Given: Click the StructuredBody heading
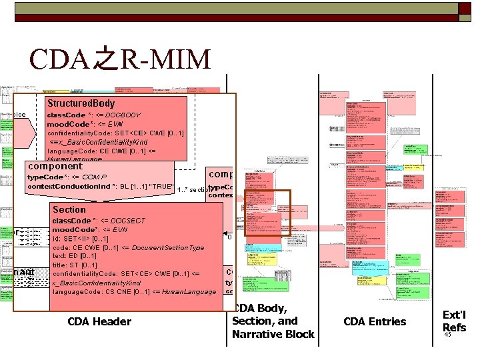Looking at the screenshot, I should coord(80,103).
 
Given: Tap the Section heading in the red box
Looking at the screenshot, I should coord(69,209).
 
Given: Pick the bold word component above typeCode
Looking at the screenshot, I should coord(55,166).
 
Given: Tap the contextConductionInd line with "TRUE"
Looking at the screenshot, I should coord(100,186).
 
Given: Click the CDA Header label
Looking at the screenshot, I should coord(99,322).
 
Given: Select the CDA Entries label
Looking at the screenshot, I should coord(374,322).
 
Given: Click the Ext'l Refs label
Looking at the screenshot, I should coord(454,321).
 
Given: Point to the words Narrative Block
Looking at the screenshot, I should coord(273,334).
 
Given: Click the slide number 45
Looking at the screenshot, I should coord(447,335).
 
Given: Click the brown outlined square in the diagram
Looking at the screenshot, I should coord(267,213).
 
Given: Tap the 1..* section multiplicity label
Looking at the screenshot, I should coord(193,190).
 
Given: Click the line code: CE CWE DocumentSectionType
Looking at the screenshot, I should coord(128,247).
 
